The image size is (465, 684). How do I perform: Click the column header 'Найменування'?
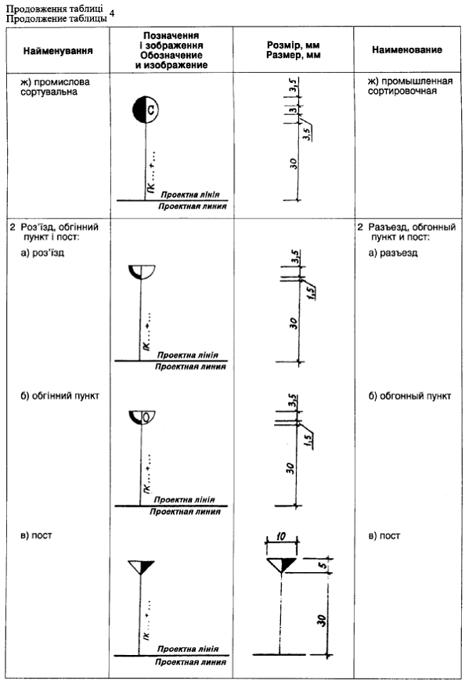pos(58,51)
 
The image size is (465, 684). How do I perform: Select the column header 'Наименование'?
pos(407,50)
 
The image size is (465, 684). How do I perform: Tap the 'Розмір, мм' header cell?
pos(293,45)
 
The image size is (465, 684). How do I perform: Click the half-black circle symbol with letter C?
pos(146,110)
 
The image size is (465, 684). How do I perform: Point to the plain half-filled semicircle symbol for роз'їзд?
pos(142,272)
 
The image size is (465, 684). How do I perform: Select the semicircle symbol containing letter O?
pos(142,417)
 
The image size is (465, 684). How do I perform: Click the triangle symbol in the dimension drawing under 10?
pos(281,564)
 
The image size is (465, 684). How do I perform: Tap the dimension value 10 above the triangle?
pos(281,535)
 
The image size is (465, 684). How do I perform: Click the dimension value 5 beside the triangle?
pos(323,565)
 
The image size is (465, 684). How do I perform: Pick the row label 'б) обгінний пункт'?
pos(60,396)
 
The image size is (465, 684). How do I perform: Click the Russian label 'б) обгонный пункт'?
pos(409,396)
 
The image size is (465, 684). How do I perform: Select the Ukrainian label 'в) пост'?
pos(36,535)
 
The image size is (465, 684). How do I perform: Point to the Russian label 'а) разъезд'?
pos(393,253)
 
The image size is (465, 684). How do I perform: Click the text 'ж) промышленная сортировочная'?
pos(410,86)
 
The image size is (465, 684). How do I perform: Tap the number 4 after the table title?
pos(112,13)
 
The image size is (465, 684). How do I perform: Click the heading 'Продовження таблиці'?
pos(55,9)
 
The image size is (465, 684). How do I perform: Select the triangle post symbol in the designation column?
pos(141,567)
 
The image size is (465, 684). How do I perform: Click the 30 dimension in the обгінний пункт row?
pos(290,469)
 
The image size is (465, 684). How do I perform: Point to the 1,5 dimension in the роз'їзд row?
pos(311,293)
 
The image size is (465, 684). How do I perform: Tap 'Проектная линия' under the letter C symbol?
pos(193,207)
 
